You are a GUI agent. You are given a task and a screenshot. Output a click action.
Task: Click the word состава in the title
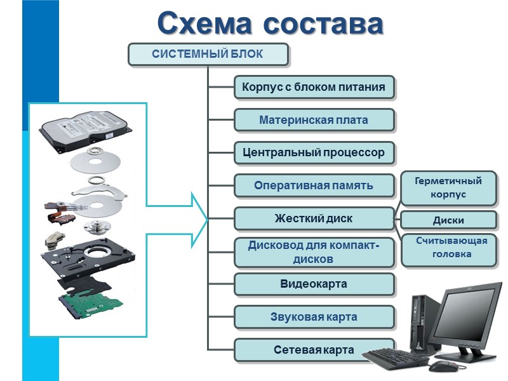pyautogui.click(x=323, y=23)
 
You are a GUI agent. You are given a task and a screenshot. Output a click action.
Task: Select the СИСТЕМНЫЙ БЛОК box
pyautogui.click(x=208, y=54)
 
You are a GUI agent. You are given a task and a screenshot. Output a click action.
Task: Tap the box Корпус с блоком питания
pyautogui.click(x=314, y=87)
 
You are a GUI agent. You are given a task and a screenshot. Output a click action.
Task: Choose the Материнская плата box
pyautogui.click(x=314, y=120)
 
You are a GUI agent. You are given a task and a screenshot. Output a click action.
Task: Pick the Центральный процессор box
pyautogui.click(x=314, y=153)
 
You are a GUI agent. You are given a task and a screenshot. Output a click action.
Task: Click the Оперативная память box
pyautogui.click(x=314, y=186)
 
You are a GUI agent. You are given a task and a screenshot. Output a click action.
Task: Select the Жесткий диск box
pyautogui.click(x=314, y=219)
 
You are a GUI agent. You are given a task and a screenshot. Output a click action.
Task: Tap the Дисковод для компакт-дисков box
pyautogui.click(x=314, y=252)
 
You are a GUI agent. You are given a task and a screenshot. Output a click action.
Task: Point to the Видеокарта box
pyautogui.click(x=314, y=284)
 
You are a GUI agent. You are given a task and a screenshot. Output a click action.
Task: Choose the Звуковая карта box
pyautogui.click(x=314, y=317)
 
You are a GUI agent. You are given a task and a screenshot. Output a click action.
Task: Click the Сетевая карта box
pyautogui.click(x=314, y=350)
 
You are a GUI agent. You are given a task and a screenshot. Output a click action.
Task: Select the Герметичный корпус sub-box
pyautogui.click(x=448, y=188)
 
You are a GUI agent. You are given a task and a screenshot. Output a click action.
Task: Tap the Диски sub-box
pyautogui.click(x=448, y=220)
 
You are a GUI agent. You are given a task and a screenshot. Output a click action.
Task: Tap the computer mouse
pyautogui.click(x=439, y=366)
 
